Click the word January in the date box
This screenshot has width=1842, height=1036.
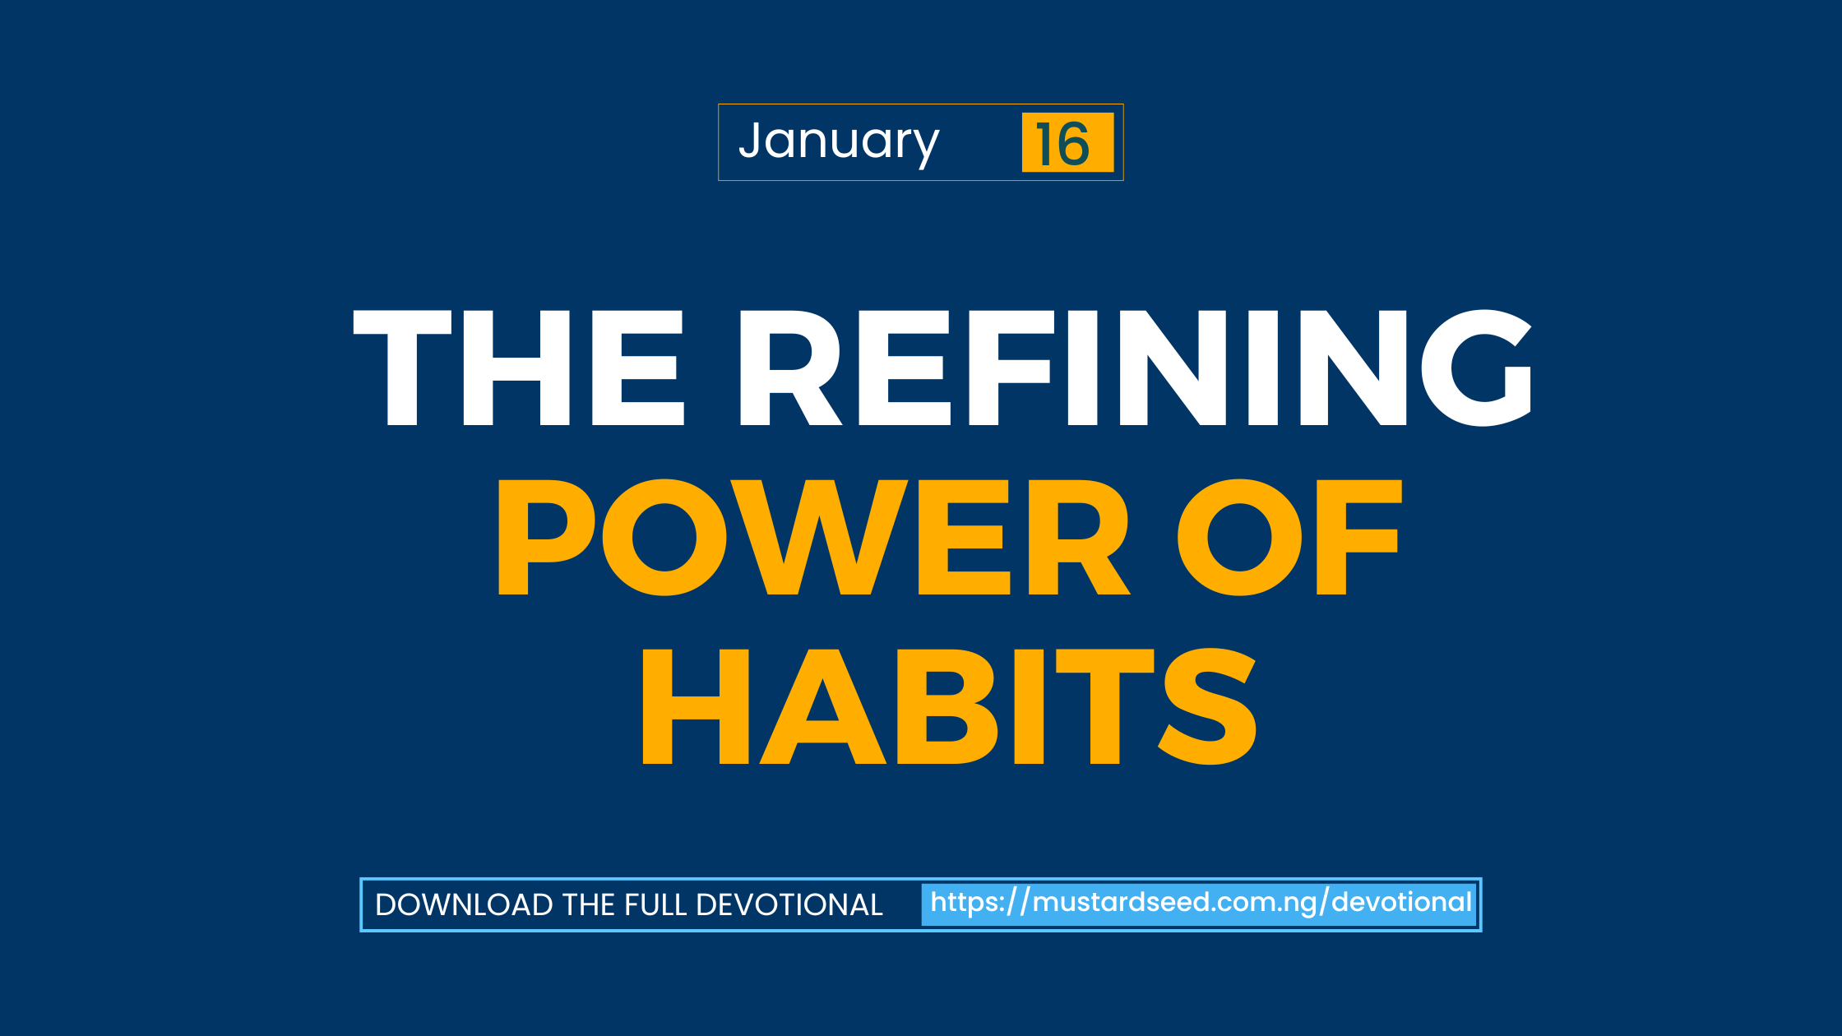pyautogui.click(x=839, y=143)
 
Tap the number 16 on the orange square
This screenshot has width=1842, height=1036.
pyautogui.click(x=1062, y=144)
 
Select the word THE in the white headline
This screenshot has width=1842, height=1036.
pyautogui.click(x=519, y=368)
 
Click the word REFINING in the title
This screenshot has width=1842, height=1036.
pyautogui.click(x=1136, y=368)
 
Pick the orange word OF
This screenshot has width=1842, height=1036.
pyautogui.click(x=1289, y=537)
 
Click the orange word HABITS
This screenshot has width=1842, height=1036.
pyautogui.click(x=949, y=706)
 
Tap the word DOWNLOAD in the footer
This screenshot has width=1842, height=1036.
pyautogui.click(x=464, y=904)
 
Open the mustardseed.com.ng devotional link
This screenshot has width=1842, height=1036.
pyautogui.click(x=1201, y=903)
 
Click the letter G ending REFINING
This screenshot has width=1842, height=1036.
pyautogui.click(x=1477, y=368)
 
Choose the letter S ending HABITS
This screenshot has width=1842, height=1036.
pyautogui.click(x=1207, y=706)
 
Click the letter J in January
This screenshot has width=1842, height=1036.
pyautogui.click(x=753, y=139)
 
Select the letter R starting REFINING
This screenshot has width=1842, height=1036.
pyautogui.click(x=791, y=368)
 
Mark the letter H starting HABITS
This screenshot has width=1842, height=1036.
pyautogui.click(x=695, y=706)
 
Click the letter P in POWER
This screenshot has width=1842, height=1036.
pyautogui.click(x=545, y=537)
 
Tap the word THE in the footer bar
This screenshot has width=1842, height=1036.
pyautogui.click(x=589, y=904)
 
